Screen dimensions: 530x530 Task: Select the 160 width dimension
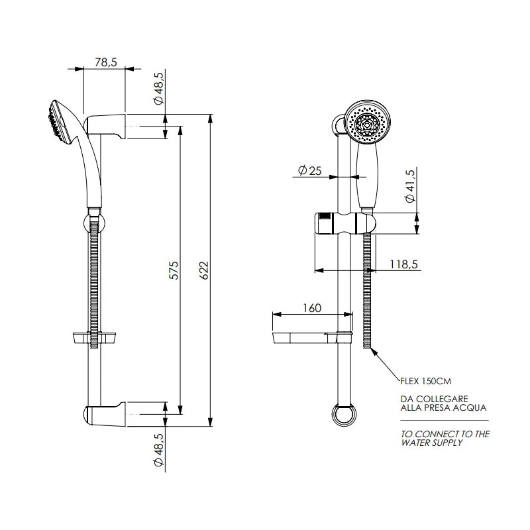pyautogui.click(x=312, y=308)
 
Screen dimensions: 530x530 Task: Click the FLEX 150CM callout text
pyautogui.click(x=427, y=382)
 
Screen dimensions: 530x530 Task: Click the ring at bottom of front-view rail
pyautogui.click(x=343, y=415)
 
